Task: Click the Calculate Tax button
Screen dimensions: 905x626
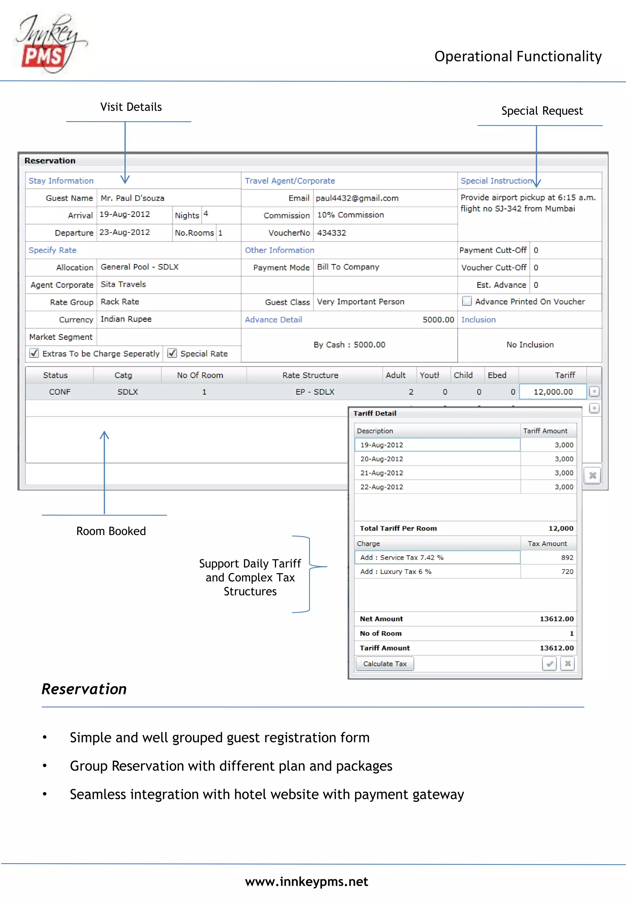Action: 385,664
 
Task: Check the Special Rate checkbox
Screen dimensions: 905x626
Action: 172,353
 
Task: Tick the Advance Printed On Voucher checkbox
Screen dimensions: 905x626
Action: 467,301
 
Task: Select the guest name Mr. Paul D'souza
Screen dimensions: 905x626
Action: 133,198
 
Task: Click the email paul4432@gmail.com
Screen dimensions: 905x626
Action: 357,198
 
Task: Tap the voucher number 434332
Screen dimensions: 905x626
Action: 331,233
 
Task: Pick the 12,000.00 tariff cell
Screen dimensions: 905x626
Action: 553,392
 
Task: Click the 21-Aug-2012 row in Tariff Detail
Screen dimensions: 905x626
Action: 382,473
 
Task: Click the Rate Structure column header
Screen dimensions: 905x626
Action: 310,375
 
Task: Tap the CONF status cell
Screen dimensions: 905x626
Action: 60,392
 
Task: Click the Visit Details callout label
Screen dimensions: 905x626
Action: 131,107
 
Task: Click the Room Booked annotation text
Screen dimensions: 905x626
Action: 111,531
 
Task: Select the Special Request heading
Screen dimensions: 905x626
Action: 542,111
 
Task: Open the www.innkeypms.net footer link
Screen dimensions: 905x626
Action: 306,882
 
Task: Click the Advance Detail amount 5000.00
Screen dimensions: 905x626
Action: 438,320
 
